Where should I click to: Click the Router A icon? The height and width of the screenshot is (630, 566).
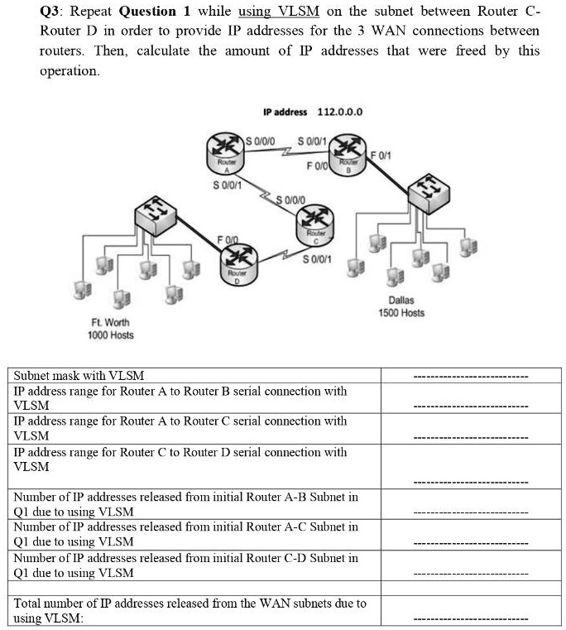(x=225, y=153)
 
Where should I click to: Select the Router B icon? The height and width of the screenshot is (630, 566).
(x=348, y=154)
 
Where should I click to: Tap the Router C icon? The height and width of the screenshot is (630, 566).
(x=315, y=225)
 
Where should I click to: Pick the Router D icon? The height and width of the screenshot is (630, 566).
(x=238, y=265)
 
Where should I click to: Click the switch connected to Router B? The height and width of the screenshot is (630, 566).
(x=429, y=194)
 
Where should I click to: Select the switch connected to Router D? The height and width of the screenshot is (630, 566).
(x=156, y=216)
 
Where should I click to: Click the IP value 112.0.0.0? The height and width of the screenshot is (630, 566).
(x=340, y=112)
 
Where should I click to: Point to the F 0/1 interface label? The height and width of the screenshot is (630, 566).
(x=381, y=155)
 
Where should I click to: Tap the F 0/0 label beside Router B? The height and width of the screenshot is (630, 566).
(x=318, y=166)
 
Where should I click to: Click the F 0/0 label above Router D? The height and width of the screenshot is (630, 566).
(x=228, y=240)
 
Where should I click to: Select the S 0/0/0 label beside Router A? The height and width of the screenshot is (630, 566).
(x=261, y=141)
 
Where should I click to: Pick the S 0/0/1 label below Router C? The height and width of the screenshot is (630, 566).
(x=318, y=259)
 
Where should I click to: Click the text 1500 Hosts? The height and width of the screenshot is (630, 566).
(x=401, y=313)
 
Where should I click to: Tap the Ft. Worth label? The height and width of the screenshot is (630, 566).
(x=110, y=323)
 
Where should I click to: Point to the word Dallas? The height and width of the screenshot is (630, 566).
(x=401, y=301)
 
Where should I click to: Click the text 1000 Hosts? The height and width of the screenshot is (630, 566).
(x=111, y=335)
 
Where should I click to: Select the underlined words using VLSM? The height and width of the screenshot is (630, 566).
(x=279, y=12)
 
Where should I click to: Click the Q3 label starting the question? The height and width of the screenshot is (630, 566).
(x=50, y=12)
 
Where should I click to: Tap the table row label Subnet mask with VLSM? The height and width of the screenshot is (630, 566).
(x=79, y=376)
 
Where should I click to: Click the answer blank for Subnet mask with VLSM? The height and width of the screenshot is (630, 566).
(x=471, y=377)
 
